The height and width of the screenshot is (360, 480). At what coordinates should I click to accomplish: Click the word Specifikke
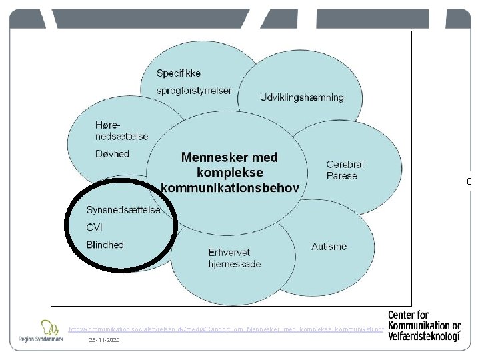coord(179,73)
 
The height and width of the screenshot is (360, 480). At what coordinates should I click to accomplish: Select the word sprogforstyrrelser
coord(194,90)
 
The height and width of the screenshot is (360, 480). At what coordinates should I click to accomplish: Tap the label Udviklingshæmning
coord(302,97)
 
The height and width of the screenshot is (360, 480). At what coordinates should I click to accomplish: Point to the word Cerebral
coord(345,164)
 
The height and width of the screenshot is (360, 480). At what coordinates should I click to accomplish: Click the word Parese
coord(342,176)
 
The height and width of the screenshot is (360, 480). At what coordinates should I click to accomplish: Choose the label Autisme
coord(329,247)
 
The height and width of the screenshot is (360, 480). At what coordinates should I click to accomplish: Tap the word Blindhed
coord(105,245)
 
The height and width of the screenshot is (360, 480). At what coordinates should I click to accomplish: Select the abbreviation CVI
coord(95,227)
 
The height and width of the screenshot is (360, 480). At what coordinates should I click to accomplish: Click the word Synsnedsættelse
coord(123,210)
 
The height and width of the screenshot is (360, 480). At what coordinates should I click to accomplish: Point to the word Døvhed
coord(112,154)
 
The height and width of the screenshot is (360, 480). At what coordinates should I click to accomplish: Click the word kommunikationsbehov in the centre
coord(230,187)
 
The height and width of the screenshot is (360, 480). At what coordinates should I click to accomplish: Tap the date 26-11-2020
coord(104,340)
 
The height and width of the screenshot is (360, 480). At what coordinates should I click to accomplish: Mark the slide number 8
coord(469,181)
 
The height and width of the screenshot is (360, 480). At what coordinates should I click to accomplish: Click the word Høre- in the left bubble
coord(110,125)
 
